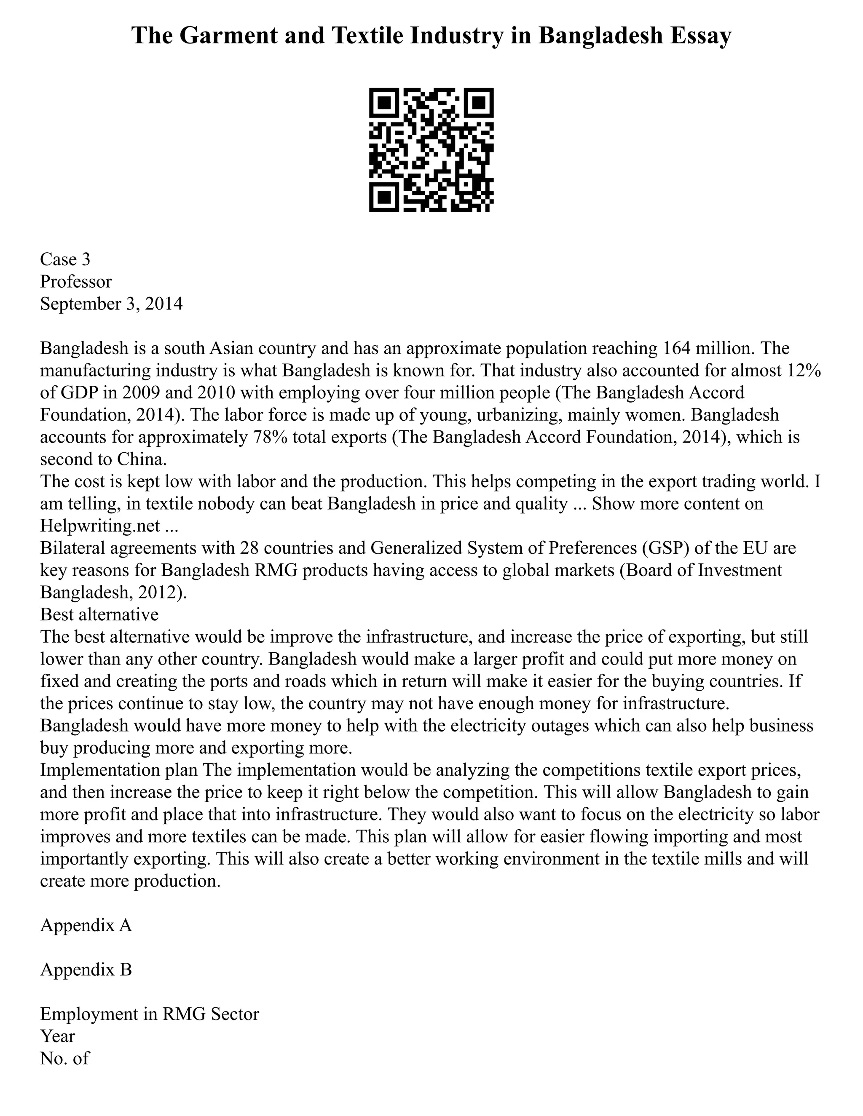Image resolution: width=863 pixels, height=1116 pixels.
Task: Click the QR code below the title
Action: pyautogui.click(x=431, y=150)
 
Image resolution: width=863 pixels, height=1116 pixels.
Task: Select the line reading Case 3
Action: pyautogui.click(x=65, y=259)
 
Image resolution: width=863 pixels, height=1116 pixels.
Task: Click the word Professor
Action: pyautogui.click(x=76, y=282)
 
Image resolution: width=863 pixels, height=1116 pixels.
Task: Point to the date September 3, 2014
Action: pyautogui.click(x=111, y=304)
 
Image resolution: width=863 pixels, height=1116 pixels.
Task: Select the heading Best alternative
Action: pyautogui.click(x=99, y=614)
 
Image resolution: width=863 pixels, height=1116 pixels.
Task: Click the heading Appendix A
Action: pyautogui.click(x=86, y=925)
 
